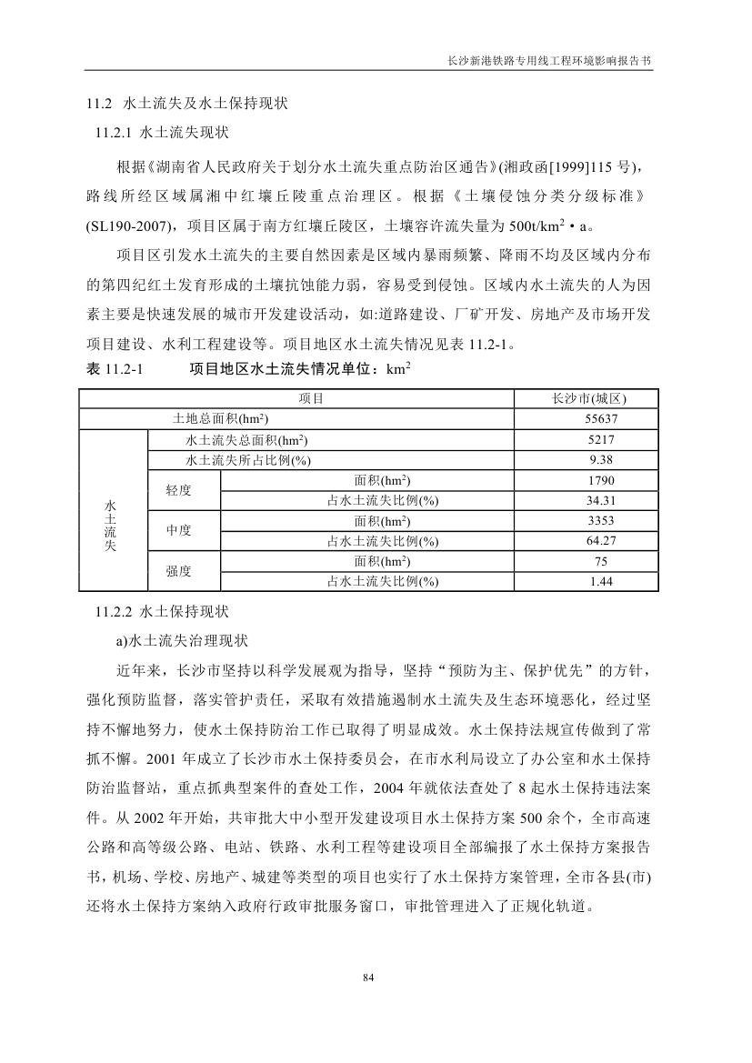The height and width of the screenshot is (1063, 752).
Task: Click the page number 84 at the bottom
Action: pos(368,978)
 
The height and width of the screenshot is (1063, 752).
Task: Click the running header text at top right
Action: pos(550,57)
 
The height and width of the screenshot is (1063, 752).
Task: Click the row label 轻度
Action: pos(179,490)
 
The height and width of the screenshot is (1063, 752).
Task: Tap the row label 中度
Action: pos(179,531)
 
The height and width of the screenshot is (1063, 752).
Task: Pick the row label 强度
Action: pos(179,572)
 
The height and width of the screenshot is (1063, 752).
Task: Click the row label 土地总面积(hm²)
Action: pos(219,419)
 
